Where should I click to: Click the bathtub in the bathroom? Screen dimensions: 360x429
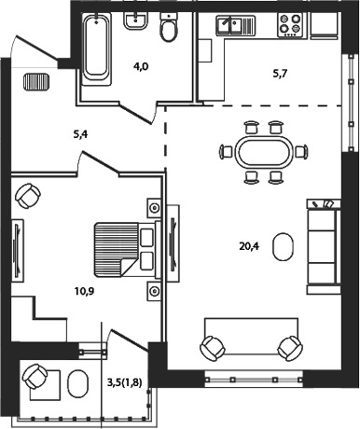pyautogui.click(x=97, y=49)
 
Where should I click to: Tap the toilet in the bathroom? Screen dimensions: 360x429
pyautogui.click(x=168, y=28)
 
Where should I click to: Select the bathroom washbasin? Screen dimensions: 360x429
pyautogui.click(x=135, y=21)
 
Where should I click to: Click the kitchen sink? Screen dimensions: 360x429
pyautogui.click(x=236, y=25)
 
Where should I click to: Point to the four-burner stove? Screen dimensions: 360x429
pyautogui.click(x=290, y=25)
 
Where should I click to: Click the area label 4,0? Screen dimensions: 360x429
pyautogui.click(x=142, y=66)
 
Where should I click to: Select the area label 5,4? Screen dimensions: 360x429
pyautogui.click(x=80, y=134)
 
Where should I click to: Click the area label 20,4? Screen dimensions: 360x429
pyautogui.click(x=249, y=246)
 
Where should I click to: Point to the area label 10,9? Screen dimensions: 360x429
pyautogui.click(x=84, y=291)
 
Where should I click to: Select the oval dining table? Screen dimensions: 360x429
pyautogui.click(x=264, y=152)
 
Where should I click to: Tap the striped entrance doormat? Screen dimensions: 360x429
pyautogui.click(x=36, y=82)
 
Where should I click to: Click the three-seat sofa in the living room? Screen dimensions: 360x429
pyautogui.click(x=324, y=246)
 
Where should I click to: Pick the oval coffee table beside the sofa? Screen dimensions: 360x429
pyautogui.click(x=283, y=246)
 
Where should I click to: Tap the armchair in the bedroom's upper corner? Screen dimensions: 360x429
pyautogui.click(x=28, y=196)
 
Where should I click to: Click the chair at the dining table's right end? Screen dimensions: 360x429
pyautogui.click(x=301, y=152)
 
